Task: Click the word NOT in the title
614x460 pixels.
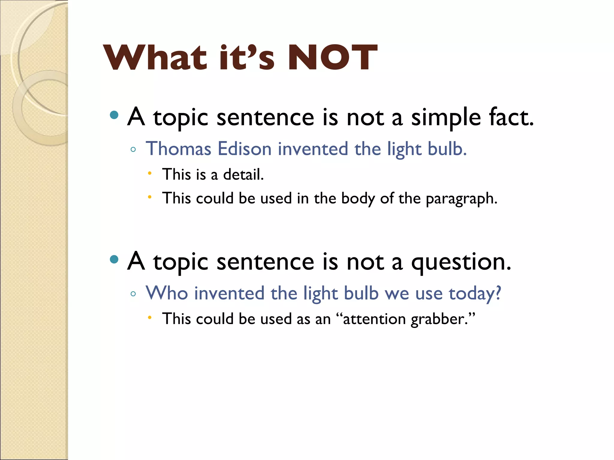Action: pos(332,57)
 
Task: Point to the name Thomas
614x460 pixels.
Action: pos(179,149)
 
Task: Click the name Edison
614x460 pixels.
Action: pos(245,149)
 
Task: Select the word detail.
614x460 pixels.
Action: pos(243,174)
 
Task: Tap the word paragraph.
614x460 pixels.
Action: pos(461,199)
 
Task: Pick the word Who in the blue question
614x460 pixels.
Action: pos(167,293)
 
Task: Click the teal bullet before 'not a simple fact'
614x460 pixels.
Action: pos(114,115)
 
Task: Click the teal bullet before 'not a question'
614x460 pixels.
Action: pos(114,259)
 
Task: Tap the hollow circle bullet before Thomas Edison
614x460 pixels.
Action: pos(133,149)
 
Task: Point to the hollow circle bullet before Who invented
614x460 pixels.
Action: pos(133,294)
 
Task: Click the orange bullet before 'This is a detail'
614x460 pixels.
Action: pos(150,173)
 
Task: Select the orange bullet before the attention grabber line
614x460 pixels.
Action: pos(150,317)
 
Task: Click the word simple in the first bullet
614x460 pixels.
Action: pos(446,118)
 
